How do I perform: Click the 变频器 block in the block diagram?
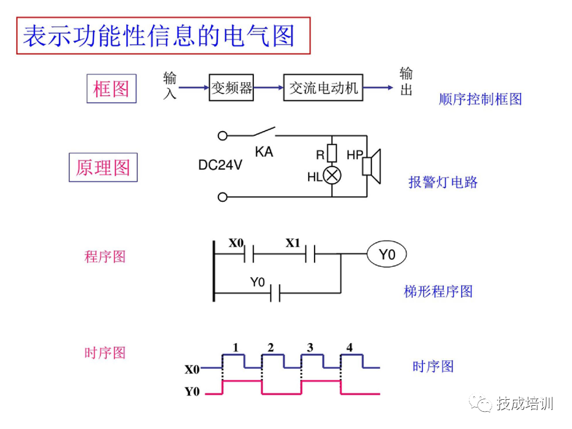(232, 88)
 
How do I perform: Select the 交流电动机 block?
(324, 88)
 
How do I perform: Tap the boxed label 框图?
(111, 89)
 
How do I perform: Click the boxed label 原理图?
(103, 167)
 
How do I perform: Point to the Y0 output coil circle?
(387, 255)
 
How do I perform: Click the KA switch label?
(264, 152)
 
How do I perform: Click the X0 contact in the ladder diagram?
(249, 255)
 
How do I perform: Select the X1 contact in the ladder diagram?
(310, 255)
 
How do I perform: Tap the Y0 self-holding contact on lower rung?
(275, 293)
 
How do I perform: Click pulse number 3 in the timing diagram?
(310, 347)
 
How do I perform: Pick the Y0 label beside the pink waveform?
(192, 392)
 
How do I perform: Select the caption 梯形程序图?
(438, 291)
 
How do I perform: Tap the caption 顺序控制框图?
(480, 100)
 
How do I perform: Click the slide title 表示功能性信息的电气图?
(159, 36)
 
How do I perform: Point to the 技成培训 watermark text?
(524, 403)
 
